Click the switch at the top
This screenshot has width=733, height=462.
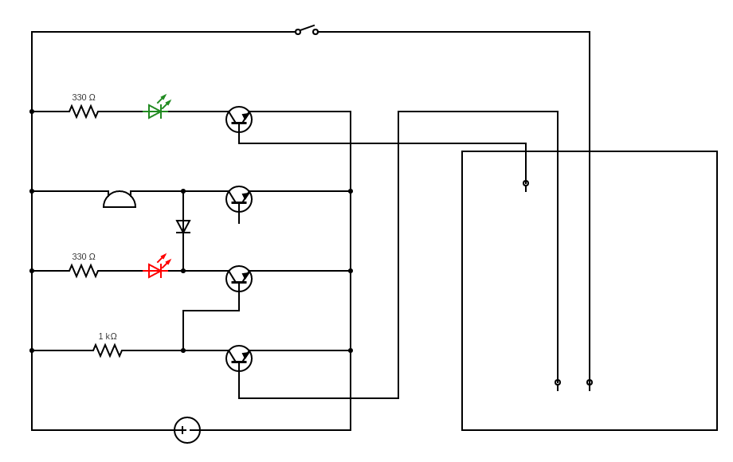click(307, 30)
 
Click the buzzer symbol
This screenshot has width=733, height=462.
click(120, 199)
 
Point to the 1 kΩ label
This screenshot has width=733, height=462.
click(108, 336)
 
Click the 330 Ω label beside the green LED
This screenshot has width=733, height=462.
click(84, 97)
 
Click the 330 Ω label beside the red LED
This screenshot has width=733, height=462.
click(84, 256)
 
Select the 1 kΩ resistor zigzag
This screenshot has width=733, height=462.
click(108, 350)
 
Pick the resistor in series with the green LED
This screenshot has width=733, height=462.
click(84, 112)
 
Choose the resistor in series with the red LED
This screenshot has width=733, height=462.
click(84, 271)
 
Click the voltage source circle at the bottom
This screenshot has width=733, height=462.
click(187, 430)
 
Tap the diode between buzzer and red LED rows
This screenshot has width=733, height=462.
click(183, 226)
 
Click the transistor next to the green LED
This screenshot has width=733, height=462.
click(239, 119)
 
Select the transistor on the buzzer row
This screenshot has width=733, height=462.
click(239, 199)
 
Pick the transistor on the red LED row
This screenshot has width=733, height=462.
click(239, 279)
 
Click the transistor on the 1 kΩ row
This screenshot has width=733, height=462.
click(239, 358)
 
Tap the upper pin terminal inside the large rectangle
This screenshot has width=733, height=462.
click(526, 183)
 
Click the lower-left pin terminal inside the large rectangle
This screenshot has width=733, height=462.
click(558, 382)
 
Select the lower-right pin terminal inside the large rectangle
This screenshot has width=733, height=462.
click(590, 382)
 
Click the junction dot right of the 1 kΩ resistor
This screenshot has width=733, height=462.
click(183, 350)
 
